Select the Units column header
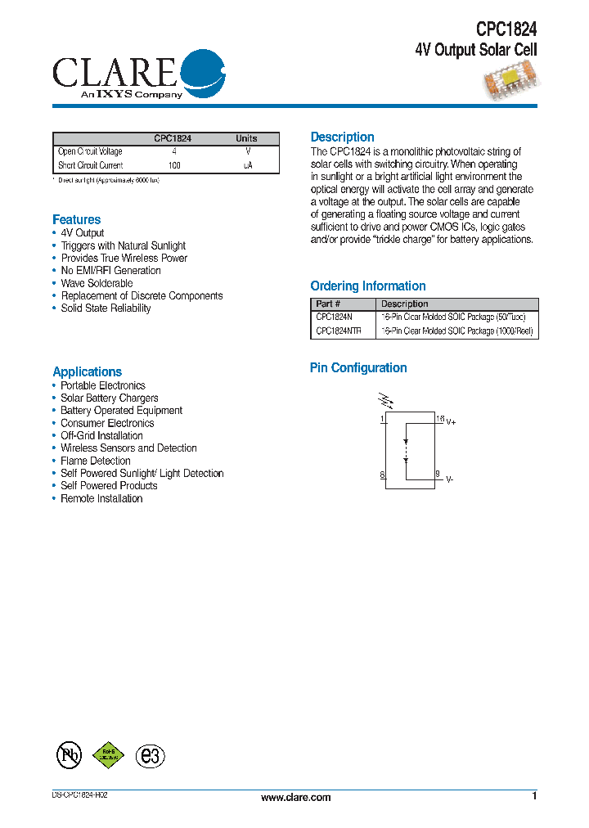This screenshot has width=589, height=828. [246, 139]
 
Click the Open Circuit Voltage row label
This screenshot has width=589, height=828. [90, 152]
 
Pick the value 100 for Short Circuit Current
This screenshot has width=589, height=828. [174, 165]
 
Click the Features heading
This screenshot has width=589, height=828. [77, 219]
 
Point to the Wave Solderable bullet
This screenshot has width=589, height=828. [97, 283]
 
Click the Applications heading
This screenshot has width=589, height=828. [88, 371]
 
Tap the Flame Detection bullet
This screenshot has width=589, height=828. [96, 461]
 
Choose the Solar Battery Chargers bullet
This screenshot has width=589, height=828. [110, 398]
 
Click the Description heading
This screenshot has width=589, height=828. [342, 137]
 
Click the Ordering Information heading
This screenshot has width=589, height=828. [368, 286]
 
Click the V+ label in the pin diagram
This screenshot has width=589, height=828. [451, 422]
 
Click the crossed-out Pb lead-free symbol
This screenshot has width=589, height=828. [69, 755]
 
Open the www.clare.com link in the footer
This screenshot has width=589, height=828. [296, 798]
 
